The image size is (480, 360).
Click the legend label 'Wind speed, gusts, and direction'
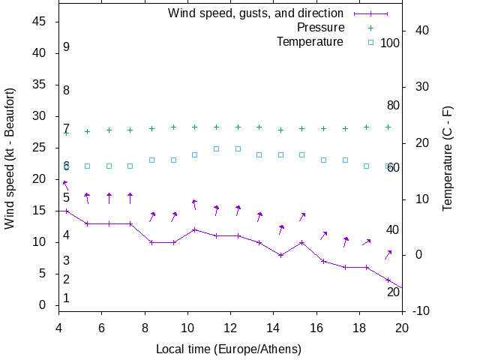pos(255,13)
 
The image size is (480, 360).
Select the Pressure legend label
pos(320,28)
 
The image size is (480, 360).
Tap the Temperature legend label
pos(310,42)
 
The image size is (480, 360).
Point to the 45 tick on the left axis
pos(40,22)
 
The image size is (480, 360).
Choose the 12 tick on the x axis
pos(230,327)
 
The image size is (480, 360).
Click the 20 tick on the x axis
pos(402,327)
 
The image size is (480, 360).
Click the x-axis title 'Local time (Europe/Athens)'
pos(228,349)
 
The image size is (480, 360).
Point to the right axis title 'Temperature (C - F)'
pos(447,158)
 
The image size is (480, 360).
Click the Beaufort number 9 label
pos(66,47)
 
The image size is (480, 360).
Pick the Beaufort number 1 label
pos(66,298)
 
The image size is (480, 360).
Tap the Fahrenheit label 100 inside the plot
pos(390,43)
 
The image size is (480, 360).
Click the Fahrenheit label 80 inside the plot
pos(393,106)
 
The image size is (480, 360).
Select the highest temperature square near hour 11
pos(216,148)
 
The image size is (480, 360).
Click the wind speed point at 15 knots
pos(66,211)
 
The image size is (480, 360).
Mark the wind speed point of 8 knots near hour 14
pos(280,255)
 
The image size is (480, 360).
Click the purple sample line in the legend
pos(370,13)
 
